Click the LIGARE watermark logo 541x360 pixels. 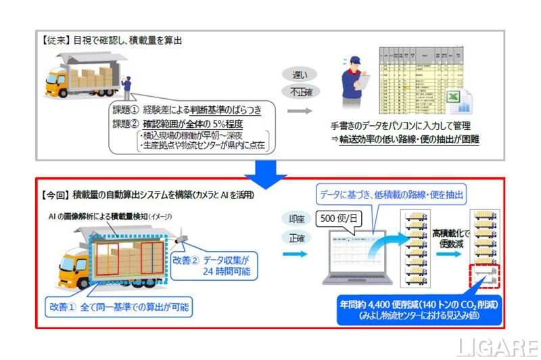point(497,346)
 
